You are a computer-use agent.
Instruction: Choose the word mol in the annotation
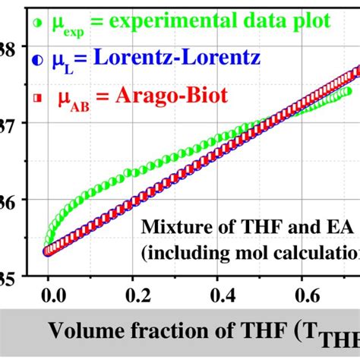267,251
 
